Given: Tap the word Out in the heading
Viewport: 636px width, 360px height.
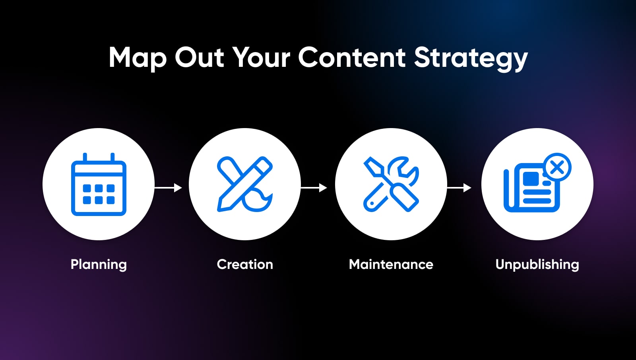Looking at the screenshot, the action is coord(199,57).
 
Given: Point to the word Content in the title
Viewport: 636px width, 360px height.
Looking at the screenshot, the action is coord(351,57).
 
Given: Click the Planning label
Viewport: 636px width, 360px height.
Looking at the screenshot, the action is coord(99,265).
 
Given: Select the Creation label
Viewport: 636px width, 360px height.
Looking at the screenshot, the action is coord(245,264).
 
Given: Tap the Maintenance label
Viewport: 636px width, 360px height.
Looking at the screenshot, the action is coord(391,264).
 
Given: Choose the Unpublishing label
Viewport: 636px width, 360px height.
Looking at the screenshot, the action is coord(537,265).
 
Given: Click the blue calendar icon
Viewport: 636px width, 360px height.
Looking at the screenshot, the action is coord(99,184).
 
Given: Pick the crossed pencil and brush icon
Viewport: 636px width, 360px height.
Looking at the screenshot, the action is coord(245,184).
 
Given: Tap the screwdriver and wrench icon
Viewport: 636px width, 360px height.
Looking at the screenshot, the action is coord(391,184).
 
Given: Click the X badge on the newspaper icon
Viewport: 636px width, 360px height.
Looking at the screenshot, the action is coord(557,167).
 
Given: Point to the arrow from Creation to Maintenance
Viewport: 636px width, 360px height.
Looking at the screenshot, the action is coord(314,188).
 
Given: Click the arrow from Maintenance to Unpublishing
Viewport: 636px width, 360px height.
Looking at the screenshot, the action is coord(459,188).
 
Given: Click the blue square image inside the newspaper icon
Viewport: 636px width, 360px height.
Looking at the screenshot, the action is coord(531,179).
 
